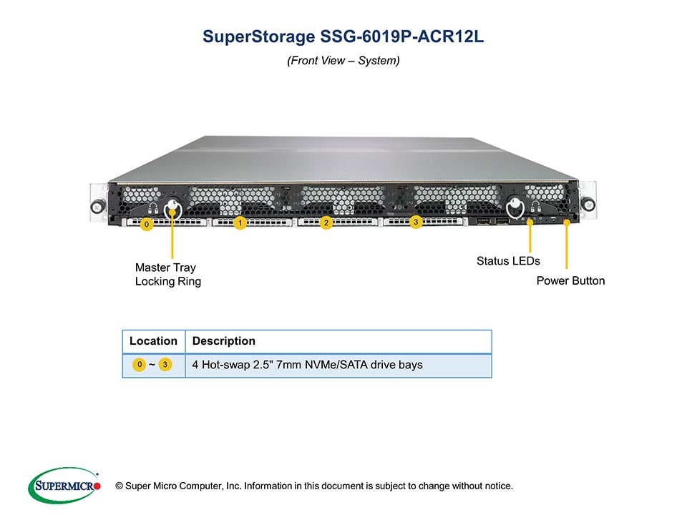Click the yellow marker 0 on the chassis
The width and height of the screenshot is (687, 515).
146,225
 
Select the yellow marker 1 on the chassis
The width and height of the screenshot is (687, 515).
240,223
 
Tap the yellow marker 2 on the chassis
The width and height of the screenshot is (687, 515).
326,222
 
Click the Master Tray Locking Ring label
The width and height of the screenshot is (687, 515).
168,275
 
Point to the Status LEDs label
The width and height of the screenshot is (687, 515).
508,261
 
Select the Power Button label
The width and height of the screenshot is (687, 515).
570,280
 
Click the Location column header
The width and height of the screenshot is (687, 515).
153,341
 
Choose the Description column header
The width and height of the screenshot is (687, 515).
224,341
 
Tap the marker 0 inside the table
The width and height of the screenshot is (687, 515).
140,365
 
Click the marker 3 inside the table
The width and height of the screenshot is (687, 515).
165,365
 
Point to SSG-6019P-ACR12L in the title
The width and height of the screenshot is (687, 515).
397,37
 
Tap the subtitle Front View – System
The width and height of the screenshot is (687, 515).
343,61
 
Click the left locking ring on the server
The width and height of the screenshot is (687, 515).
172,209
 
